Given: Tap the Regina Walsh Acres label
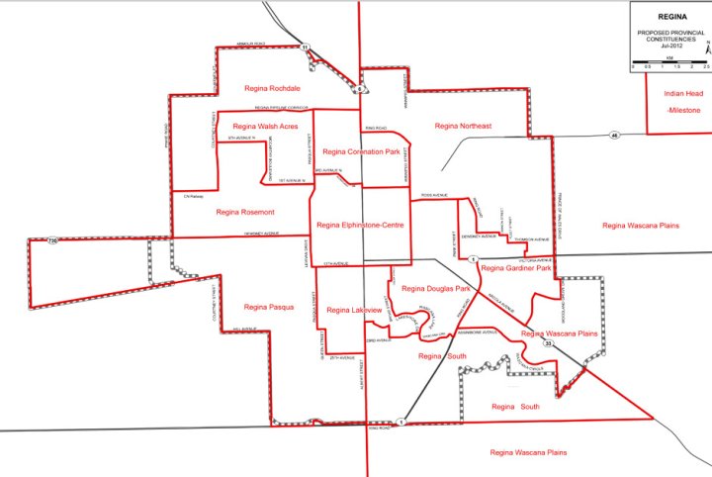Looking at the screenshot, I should (264, 127).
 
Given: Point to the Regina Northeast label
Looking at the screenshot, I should (463, 126).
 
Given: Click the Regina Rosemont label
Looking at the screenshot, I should (244, 212).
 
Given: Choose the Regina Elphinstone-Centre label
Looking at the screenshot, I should (361, 226).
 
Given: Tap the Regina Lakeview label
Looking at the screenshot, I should (353, 311).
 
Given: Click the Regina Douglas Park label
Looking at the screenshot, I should (435, 288).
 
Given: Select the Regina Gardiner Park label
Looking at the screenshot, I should (514, 268).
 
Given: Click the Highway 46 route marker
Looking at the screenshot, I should (614, 135).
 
